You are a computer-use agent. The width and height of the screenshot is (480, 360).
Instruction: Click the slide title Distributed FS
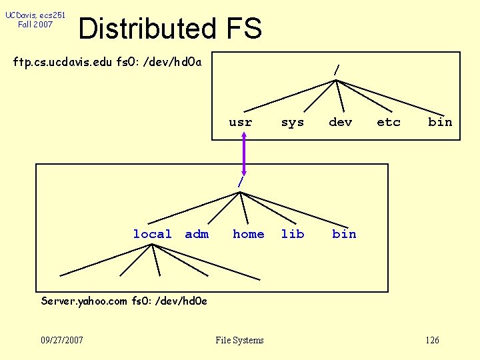coord(170,29)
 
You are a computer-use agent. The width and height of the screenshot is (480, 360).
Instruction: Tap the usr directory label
coord(240,122)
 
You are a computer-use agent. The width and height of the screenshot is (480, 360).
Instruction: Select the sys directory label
coord(292,122)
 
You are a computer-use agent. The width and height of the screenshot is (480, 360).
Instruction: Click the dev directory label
coord(340,122)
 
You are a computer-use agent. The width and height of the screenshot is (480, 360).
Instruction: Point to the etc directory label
coord(388,122)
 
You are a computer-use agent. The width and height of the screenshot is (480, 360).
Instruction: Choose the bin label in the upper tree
coord(440,122)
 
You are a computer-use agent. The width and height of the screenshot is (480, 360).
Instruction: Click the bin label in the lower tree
coord(344,234)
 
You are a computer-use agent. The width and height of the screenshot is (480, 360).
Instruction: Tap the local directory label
coord(152,234)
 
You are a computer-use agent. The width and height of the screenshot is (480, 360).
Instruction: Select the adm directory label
coord(197,234)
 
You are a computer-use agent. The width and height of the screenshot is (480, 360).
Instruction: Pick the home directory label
coord(248,234)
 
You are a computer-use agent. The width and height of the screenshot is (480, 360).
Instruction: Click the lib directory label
coord(292,234)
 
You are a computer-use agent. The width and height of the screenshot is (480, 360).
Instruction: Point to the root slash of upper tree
coord(337,69)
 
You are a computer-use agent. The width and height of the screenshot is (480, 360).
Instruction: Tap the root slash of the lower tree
coord(241,182)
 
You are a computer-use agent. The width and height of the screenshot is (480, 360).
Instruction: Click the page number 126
coord(432,341)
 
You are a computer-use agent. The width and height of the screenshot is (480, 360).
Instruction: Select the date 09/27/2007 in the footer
coord(62,341)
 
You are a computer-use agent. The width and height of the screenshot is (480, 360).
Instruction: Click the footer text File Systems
coord(239,341)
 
